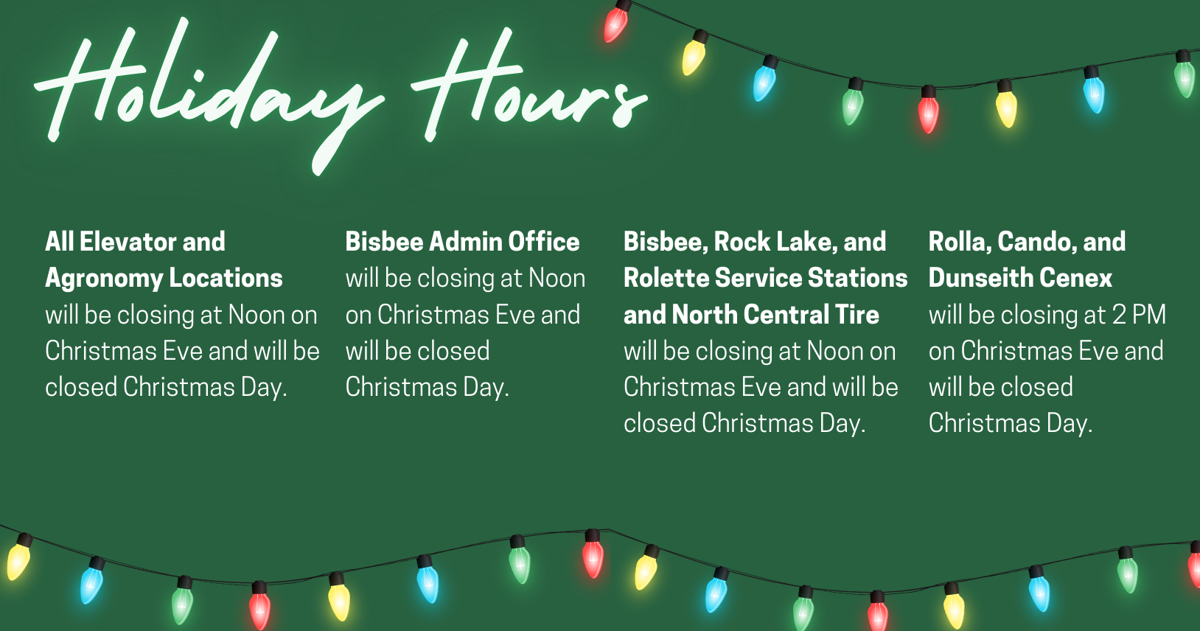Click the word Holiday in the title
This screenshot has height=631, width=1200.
[x=209, y=94]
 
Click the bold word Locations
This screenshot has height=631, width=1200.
[x=226, y=278]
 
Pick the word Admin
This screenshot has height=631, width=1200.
[x=465, y=242]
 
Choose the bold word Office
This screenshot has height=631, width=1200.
[x=544, y=242]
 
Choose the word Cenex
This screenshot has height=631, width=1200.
[x=1077, y=278]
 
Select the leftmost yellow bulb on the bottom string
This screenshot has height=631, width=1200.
[x=19, y=557]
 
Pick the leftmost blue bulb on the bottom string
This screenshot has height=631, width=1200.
[x=92, y=581]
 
